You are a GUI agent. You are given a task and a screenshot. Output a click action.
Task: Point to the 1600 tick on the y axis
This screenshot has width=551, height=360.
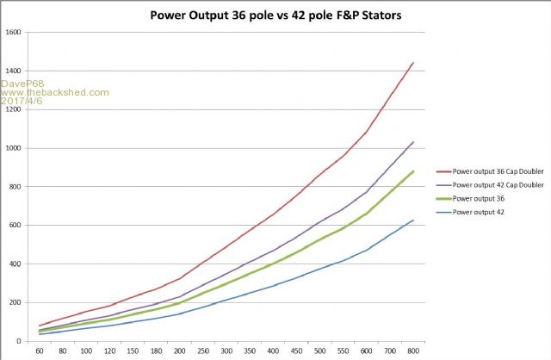click(x=14, y=33)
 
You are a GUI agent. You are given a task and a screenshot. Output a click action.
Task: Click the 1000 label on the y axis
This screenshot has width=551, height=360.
click(x=14, y=148)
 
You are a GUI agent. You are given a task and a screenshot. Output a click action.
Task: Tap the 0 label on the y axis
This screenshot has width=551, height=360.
click(x=20, y=341)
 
